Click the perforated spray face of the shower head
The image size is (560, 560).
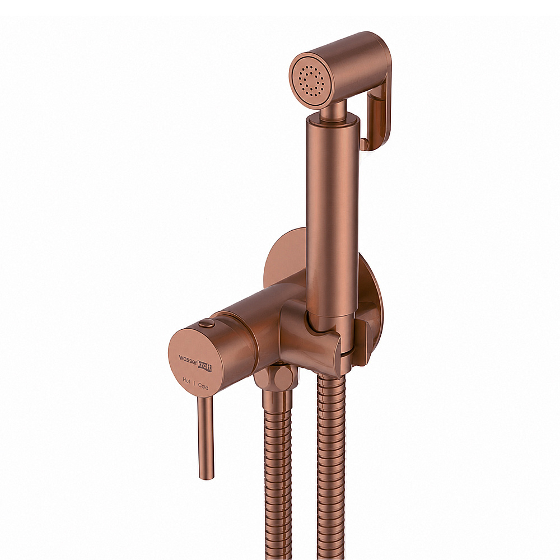309,81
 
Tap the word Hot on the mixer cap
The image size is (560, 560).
186,380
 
